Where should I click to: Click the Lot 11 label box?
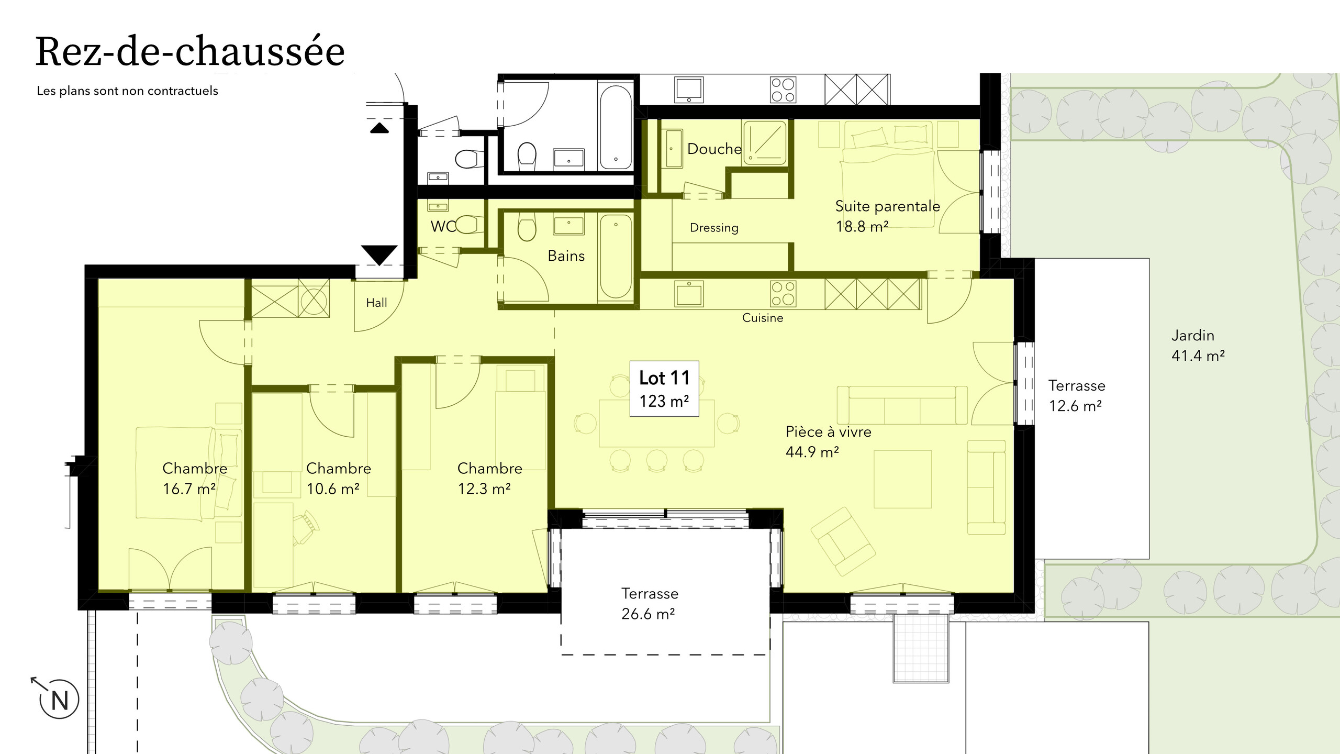pyautogui.click(x=664, y=389)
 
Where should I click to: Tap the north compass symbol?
pyautogui.click(x=59, y=699)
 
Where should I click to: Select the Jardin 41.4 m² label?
pyautogui.click(x=1197, y=346)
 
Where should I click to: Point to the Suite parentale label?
pyautogui.click(x=887, y=216)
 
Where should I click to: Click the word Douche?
pyautogui.click(x=714, y=149)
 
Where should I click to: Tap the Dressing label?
pyautogui.click(x=713, y=228)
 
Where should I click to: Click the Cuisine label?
pyautogui.click(x=762, y=318)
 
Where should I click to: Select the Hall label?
pyautogui.click(x=376, y=303)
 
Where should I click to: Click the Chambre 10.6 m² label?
pyautogui.click(x=338, y=478)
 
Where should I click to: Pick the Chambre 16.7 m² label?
pyautogui.click(x=194, y=478)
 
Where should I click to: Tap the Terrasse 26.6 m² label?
pyautogui.click(x=649, y=603)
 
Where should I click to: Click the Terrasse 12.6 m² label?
pyautogui.click(x=1076, y=395)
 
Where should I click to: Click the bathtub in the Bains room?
pyautogui.click(x=616, y=257)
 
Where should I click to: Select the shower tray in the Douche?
pyautogui.click(x=765, y=142)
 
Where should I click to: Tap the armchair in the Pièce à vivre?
pyautogui.click(x=843, y=541)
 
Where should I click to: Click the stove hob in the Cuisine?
pyautogui.click(x=783, y=293)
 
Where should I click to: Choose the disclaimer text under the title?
pyautogui.click(x=127, y=91)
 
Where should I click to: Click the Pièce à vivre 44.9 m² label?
pyautogui.click(x=828, y=441)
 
